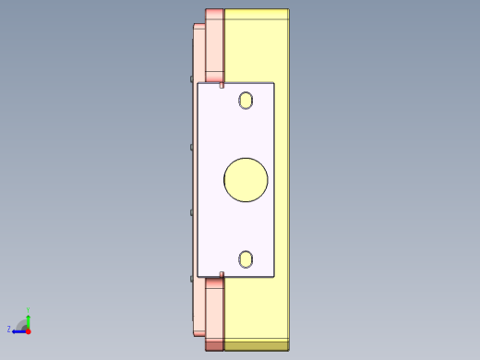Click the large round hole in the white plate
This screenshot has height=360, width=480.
(x=246, y=180)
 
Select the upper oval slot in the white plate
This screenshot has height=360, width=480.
(x=246, y=101)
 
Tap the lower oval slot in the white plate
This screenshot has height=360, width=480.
(x=246, y=259)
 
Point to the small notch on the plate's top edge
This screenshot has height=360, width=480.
(x=222, y=85)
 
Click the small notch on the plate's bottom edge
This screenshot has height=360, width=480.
(x=222, y=274)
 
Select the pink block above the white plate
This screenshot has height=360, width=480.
(x=214, y=46)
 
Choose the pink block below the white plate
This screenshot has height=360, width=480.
(x=214, y=309)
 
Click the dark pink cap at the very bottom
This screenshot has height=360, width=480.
(x=214, y=345)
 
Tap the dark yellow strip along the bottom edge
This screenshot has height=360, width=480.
(x=257, y=345)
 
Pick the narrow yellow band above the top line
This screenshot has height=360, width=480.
(x=257, y=14)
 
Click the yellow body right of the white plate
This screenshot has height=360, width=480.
(x=282, y=180)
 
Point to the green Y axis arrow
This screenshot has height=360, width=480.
(x=28, y=317)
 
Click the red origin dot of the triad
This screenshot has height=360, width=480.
(x=28, y=330)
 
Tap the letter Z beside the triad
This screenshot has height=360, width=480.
(x=9, y=329)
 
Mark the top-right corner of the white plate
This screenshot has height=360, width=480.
(x=274, y=83)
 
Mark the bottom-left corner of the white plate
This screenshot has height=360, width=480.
(x=198, y=276)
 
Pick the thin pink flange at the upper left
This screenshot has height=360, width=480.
(x=198, y=51)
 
